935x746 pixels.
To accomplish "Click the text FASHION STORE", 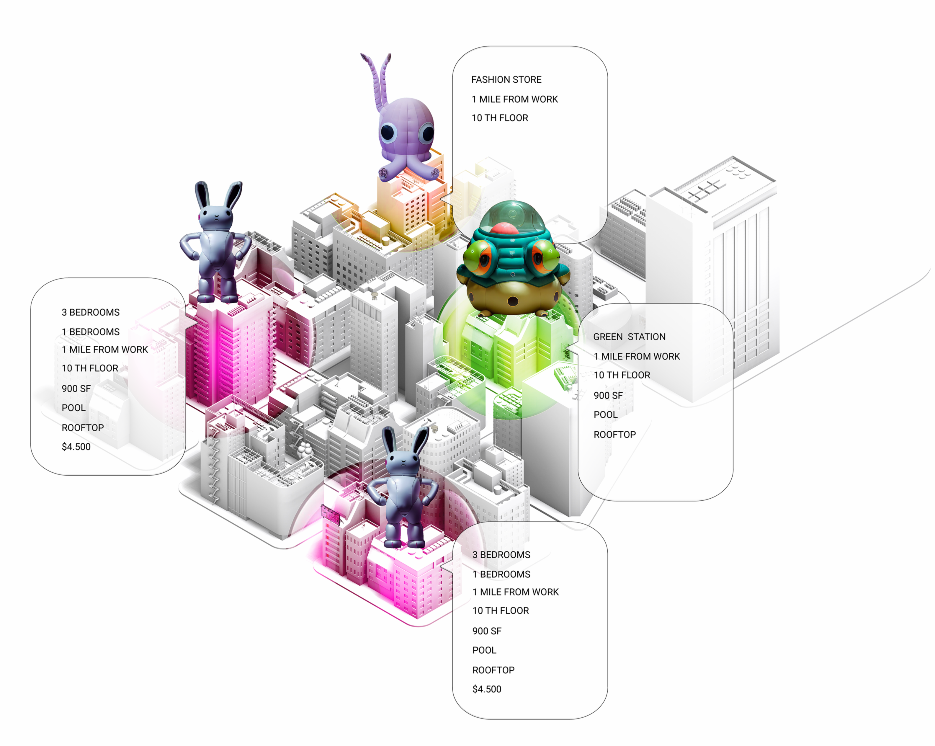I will (506, 80).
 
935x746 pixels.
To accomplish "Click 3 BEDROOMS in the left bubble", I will (90, 312).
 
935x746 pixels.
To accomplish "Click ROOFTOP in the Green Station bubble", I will (614, 435).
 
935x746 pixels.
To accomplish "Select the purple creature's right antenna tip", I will (389, 56).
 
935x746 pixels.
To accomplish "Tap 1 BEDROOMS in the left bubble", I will (90, 332).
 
